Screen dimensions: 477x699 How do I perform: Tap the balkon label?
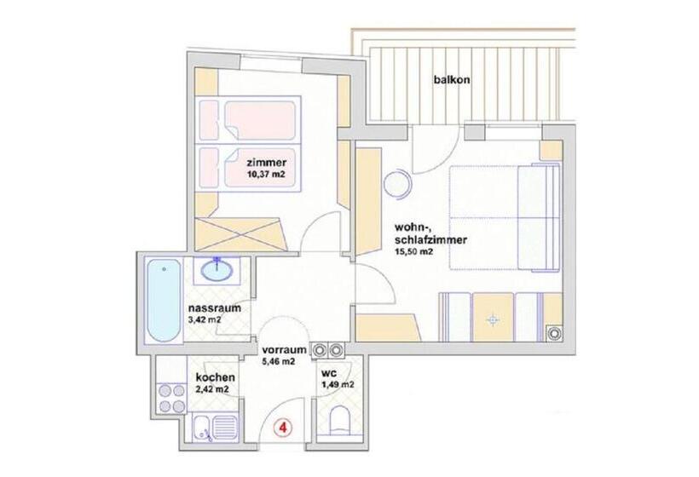pos(452,82)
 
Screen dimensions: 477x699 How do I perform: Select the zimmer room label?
pos(266,163)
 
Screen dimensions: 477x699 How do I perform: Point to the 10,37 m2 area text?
pos(266,176)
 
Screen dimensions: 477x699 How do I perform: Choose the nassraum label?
pos(213,307)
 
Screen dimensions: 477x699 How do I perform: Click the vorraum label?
pos(284,349)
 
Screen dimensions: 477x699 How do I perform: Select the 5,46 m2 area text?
pos(279,361)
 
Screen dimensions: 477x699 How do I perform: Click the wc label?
pos(329,373)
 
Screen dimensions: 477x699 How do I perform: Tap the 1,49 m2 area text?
pos(338,385)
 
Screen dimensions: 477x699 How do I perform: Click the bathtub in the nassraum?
pos(160,300)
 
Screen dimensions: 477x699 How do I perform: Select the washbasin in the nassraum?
pos(218,271)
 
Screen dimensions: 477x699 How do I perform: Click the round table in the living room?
pos(397,185)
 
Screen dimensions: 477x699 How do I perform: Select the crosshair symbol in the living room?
pos(491,320)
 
